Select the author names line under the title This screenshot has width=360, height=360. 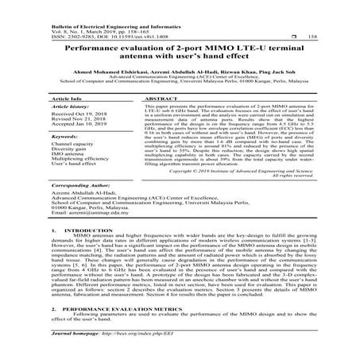180,72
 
